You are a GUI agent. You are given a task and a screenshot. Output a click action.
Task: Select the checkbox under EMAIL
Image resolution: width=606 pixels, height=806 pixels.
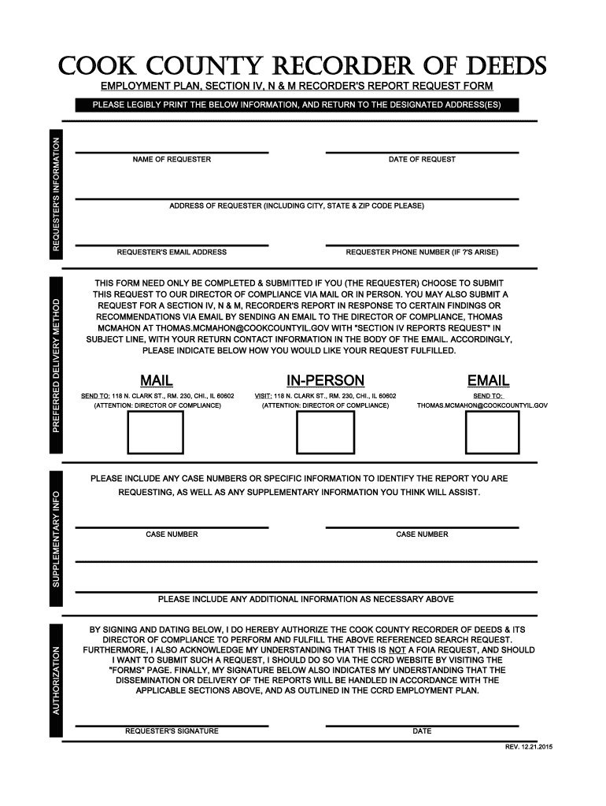pyautogui.click(x=492, y=432)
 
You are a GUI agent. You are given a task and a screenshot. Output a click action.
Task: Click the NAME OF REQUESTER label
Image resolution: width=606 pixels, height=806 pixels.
pyautogui.click(x=172, y=160)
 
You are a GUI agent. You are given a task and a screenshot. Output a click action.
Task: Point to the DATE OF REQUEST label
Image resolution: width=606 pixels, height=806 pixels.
pyautogui.click(x=422, y=160)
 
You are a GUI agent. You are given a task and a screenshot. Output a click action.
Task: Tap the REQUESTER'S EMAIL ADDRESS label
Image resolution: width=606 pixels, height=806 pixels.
pyautogui.click(x=172, y=253)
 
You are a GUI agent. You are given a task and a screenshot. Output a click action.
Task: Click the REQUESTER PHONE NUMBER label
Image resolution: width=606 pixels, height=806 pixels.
pyautogui.click(x=422, y=253)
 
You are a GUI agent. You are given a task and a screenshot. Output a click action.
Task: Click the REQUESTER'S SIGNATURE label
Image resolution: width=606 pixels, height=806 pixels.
pyautogui.click(x=172, y=731)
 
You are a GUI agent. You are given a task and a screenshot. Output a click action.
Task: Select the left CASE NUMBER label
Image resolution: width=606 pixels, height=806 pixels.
pyautogui.click(x=172, y=534)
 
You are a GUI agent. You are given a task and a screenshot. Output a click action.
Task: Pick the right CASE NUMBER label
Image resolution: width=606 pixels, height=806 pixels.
pyautogui.click(x=422, y=534)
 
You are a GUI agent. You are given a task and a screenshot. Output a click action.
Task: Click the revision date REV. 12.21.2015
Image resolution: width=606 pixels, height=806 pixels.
pyautogui.click(x=529, y=746)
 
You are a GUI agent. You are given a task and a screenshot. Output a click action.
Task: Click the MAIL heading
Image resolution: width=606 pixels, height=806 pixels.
pyautogui.click(x=157, y=381)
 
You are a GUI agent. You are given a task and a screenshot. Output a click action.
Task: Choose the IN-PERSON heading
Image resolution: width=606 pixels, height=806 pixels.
pyautogui.click(x=325, y=381)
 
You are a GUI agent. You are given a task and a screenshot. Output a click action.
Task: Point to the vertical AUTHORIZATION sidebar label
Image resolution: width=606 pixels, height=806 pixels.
pyautogui.click(x=56, y=680)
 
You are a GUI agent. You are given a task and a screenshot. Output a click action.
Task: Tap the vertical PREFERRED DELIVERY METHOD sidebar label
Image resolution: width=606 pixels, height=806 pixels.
pyautogui.click(x=56, y=364)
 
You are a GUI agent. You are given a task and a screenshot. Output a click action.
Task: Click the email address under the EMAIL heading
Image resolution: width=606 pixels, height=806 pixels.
pyautogui.click(x=482, y=405)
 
